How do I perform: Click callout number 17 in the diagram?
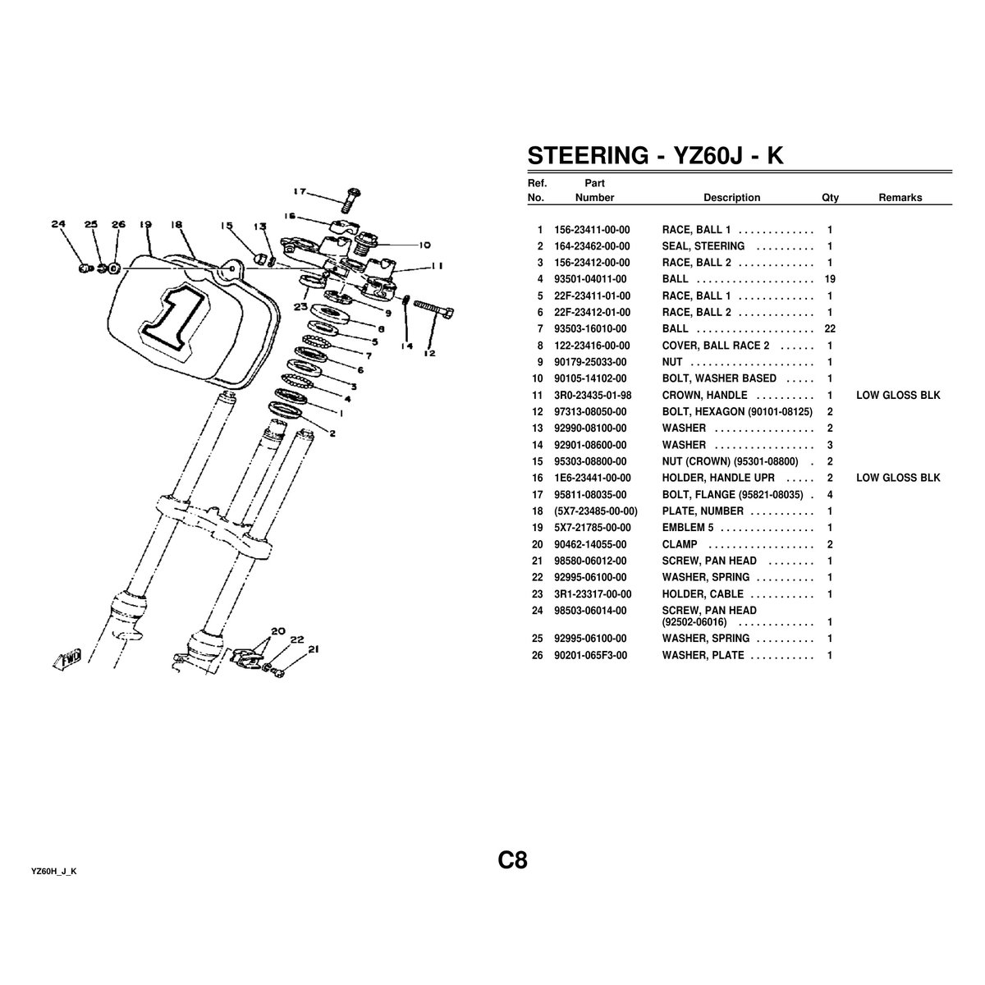click(x=300, y=192)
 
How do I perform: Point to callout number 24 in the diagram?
click(x=59, y=224)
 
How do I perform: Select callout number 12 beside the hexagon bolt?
click(x=429, y=353)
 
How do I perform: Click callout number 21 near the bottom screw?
click(x=314, y=649)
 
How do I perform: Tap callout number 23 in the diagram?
click(x=300, y=307)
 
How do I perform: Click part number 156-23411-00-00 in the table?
click(x=592, y=230)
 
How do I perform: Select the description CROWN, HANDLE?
click(x=704, y=395)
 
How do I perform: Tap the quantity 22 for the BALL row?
click(x=830, y=328)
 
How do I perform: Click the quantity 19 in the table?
click(x=830, y=279)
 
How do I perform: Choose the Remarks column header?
click(x=900, y=197)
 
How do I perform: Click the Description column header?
click(x=731, y=197)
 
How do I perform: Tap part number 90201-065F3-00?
click(x=590, y=655)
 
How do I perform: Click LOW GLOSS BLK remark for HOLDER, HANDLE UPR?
click(x=898, y=478)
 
